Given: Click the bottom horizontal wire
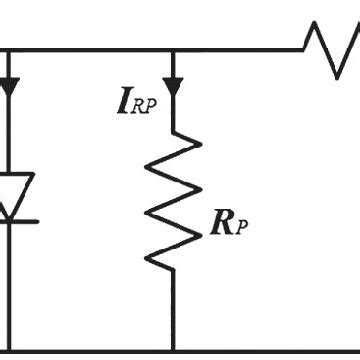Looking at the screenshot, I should pos(180,352).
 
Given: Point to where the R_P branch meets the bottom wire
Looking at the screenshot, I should pos(174,351).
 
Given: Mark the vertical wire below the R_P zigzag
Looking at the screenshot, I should pos(174,310).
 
